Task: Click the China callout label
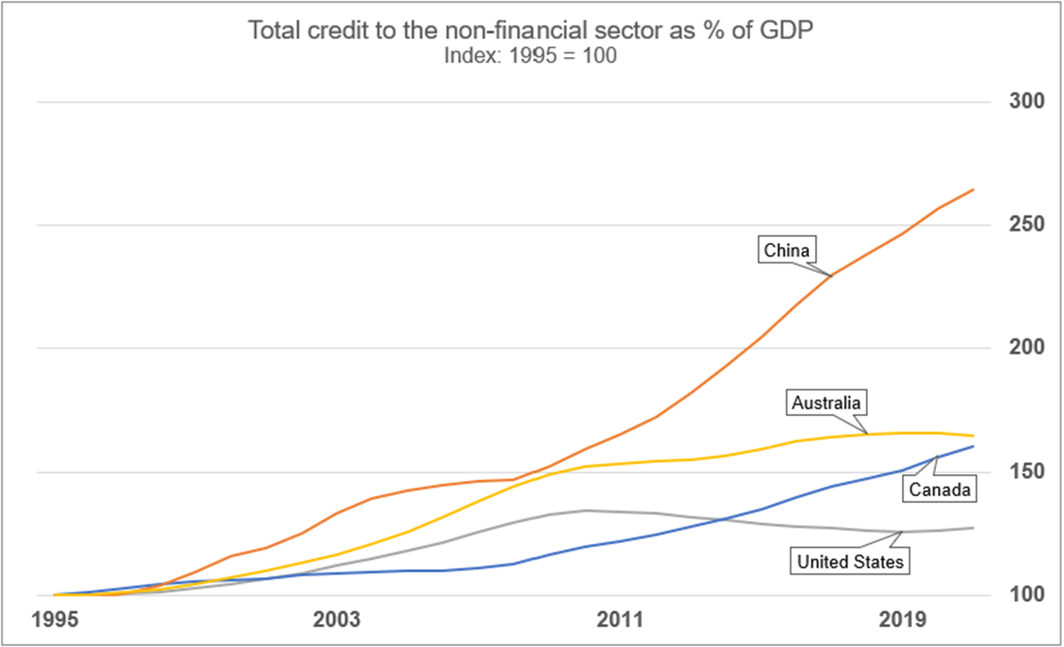point(787,251)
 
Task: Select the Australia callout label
point(826,402)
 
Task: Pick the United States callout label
point(849,562)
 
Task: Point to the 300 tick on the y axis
point(1026,102)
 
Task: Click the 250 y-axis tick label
point(1026,225)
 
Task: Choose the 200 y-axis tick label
point(1026,349)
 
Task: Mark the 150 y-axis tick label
point(1026,471)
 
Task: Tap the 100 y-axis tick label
point(1026,594)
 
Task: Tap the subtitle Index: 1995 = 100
point(530,56)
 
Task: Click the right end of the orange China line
point(974,189)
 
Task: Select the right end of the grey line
point(974,528)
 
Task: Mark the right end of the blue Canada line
point(974,446)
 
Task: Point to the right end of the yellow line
point(974,436)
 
